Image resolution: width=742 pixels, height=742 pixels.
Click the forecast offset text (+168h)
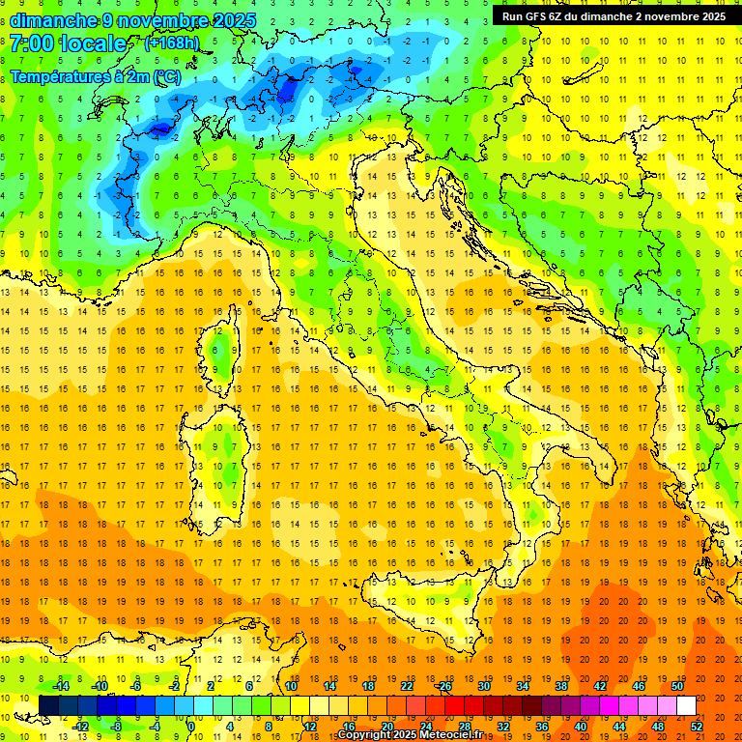click(x=172, y=43)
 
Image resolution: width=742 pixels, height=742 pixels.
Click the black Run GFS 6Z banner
click(x=614, y=16)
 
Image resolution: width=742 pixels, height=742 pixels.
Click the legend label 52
click(x=697, y=727)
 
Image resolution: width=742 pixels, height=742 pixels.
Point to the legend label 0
click(x=191, y=727)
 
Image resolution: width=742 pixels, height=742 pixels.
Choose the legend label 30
click(x=484, y=686)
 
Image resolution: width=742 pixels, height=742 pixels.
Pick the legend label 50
click(x=677, y=686)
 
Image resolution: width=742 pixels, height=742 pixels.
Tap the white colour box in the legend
click(x=686, y=706)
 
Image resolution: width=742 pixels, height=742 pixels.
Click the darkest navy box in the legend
click(x=48, y=706)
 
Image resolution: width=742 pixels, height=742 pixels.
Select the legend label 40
click(x=580, y=727)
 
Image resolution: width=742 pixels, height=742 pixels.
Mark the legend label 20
click(x=386, y=727)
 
